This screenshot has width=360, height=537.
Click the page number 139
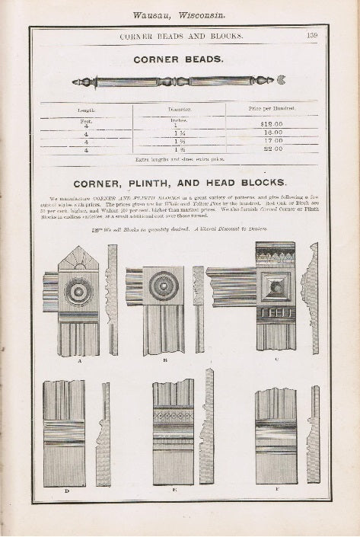pyautogui.click(x=312, y=35)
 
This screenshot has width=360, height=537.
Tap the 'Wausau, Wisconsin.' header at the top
pyautogui.click(x=179, y=14)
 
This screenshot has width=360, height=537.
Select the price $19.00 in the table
pyautogui.click(x=272, y=123)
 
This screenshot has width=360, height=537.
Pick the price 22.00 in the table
pyautogui.click(x=272, y=149)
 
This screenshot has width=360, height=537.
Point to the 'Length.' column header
pyautogui.click(x=86, y=110)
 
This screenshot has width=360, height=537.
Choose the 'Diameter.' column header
pyautogui.click(x=180, y=110)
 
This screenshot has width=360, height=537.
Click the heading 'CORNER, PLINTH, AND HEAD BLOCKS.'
pyautogui.click(x=180, y=183)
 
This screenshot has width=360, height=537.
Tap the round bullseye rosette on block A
pyautogui.click(x=78, y=291)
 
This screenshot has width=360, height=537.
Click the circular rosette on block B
pyautogui.click(x=164, y=286)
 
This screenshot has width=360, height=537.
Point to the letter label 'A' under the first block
pyautogui.click(x=79, y=361)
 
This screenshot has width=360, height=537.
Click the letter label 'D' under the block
pyautogui.click(x=66, y=492)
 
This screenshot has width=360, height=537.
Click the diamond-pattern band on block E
pyautogui.click(x=173, y=417)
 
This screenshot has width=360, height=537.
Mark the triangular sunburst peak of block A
pyautogui.click(x=78, y=260)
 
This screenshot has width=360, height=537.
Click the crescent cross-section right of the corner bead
pyautogui.click(x=282, y=79)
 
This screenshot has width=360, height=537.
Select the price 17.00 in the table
pyautogui.click(x=272, y=141)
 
